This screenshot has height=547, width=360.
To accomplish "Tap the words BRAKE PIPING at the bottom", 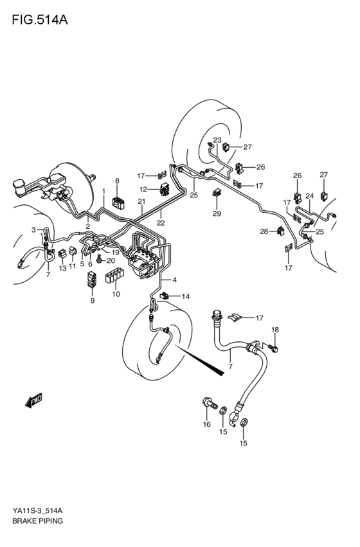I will coord(37,521).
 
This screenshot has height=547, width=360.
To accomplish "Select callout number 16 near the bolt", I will coord(207,424).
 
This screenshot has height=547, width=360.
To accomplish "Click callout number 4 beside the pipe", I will coord(174,280).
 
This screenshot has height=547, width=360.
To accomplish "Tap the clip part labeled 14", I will coord(165,296).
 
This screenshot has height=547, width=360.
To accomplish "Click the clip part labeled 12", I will coord(164,190).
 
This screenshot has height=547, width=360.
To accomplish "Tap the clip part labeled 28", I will coord(282,231).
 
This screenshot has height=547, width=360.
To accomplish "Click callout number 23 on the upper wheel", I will coord(217,140).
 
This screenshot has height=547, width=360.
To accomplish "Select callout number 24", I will coord(309,196).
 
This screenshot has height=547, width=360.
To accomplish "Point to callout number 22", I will coord(161,222).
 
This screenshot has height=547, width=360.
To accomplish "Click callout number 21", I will coord(141,201).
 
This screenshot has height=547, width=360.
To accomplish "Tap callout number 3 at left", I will coord(33,230).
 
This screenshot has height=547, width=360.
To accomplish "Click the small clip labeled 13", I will coord(62,253).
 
